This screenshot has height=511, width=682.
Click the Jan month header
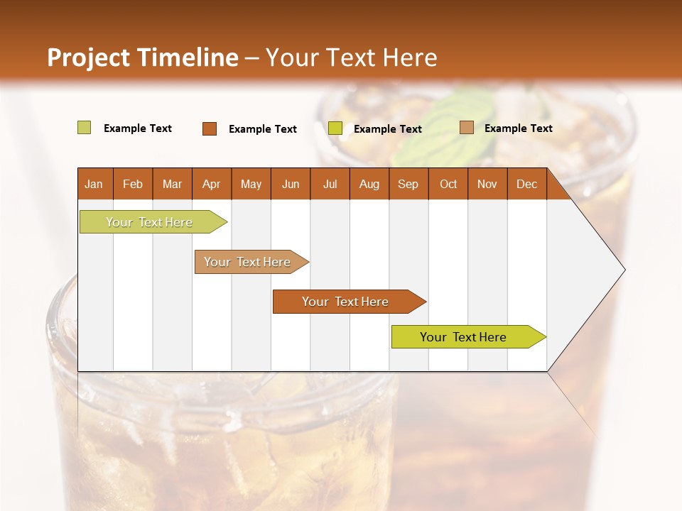94,184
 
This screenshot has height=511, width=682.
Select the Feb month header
133,184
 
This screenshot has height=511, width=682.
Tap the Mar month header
172,184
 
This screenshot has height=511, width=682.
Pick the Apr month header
211,184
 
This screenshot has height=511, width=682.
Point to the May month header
251,184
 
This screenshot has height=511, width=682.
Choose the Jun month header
291,184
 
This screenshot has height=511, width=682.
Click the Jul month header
330,184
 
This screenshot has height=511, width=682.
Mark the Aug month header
369,184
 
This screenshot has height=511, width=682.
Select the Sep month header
408,184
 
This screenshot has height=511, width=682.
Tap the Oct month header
448,184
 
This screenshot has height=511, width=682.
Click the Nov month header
487,184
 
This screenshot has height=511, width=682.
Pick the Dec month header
526,184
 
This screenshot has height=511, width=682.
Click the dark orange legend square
210,128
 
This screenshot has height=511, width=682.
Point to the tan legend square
467,128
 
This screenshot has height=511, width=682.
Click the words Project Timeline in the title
142,57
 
